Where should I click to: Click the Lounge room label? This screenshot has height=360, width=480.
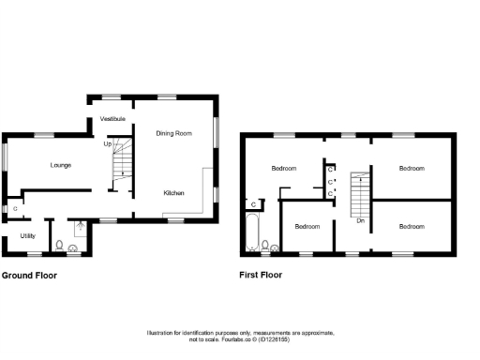[61, 165]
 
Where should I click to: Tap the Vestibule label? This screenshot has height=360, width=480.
[114, 118]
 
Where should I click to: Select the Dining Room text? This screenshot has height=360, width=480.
[173, 133]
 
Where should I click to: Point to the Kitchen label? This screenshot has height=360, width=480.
[173, 192]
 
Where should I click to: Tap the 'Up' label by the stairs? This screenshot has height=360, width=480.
[108, 143]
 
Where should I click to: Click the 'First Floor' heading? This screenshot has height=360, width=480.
[262, 276]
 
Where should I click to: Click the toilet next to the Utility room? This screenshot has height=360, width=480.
[59, 247]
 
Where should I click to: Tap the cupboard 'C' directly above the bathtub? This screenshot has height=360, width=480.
[254, 203]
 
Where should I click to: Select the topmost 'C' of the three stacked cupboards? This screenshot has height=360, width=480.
[330, 169]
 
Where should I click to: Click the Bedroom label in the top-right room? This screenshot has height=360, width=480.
[412, 169]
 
